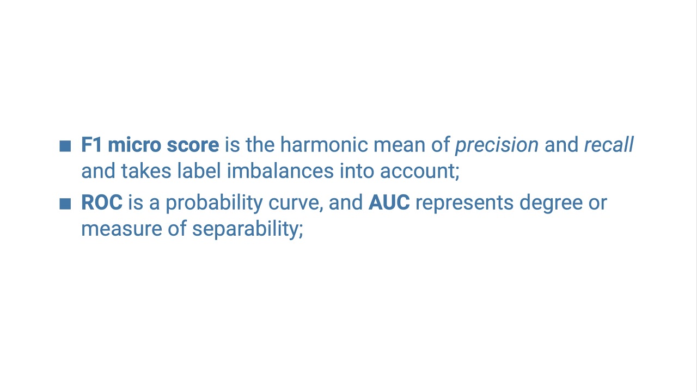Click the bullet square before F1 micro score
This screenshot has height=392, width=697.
coord(65,146)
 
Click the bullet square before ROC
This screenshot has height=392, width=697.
coord(65,204)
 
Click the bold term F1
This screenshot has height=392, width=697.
coord(91,145)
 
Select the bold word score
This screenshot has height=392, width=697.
coord(193,145)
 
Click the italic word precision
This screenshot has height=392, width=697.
coord(497,145)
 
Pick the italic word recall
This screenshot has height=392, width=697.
coord(608,145)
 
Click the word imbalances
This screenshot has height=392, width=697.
coord(280,171)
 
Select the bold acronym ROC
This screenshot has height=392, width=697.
coord(102,203)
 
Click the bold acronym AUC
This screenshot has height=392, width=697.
coord(389,203)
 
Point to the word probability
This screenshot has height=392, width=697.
coord(214,203)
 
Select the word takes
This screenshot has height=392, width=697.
coord(146,171)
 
